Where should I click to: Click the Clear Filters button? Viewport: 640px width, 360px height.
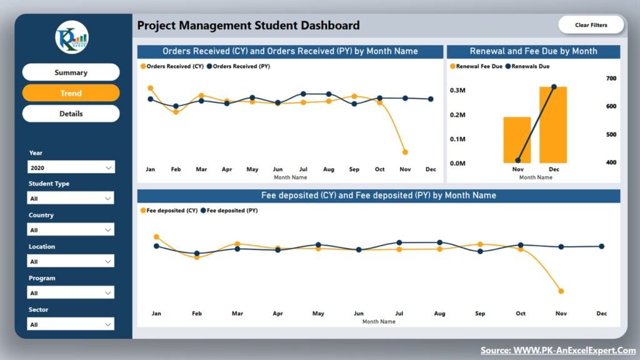(x=591, y=25)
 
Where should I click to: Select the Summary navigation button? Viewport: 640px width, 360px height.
(x=71, y=72)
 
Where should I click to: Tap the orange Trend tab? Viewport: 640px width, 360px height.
(x=71, y=93)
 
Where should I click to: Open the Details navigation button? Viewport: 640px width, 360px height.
(x=71, y=114)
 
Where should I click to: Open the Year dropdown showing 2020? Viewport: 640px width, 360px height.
(x=71, y=167)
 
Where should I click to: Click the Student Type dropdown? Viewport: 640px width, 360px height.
(x=71, y=199)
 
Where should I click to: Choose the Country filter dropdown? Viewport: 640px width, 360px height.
(x=71, y=230)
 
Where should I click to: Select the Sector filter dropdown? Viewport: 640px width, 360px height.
(x=71, y=324)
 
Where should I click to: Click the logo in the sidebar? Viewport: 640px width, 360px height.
(x=71, y=37)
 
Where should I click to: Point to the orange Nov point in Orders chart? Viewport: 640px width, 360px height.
(x=405, y=152)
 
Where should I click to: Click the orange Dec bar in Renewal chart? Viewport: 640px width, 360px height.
(x=553, y=125)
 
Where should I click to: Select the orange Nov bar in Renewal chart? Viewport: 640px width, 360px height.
(x=517, y=140)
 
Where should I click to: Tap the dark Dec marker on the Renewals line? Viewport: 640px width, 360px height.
(x=554, y=87)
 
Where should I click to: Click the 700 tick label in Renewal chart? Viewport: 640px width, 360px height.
(x=611, y=78)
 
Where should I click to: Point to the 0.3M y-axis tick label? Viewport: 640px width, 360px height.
(x=458, y=91)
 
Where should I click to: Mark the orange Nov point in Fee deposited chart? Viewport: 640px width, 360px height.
(x=561, y=291)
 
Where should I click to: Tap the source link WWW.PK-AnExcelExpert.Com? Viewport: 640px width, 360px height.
(x=558, y=351)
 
